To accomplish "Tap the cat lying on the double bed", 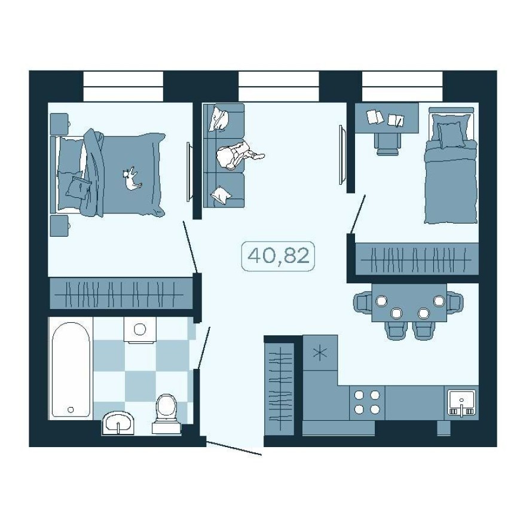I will pyautogui.click(x=131, y=179).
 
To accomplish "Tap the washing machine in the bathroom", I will pyautogui.click(x=140, y=330).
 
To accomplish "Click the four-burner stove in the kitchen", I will pyautogui.click(x=366, y=402).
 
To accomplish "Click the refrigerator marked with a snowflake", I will pyautogui.click(x=320, y=353).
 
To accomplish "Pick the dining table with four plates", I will pyautogui.click(x=409, y=305).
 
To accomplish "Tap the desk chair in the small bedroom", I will pyautogui.click(x=388, y=142).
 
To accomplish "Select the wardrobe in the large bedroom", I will pyautogui.click(x=121, y=293).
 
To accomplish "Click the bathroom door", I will pyautogui.click(x=203, y=347).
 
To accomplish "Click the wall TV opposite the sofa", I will pyautogui.click(x=342, y=155).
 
